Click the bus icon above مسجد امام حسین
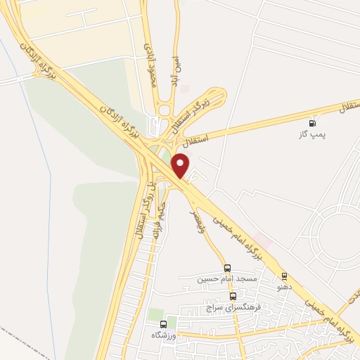click(x=227, y=267)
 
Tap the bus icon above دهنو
click(x=284, y=276)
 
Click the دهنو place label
click(x=284, y=288)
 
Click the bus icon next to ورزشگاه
click(x=164, y=324)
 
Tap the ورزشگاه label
click(x=185, y=325)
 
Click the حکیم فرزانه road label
click(x=162, y=200)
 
